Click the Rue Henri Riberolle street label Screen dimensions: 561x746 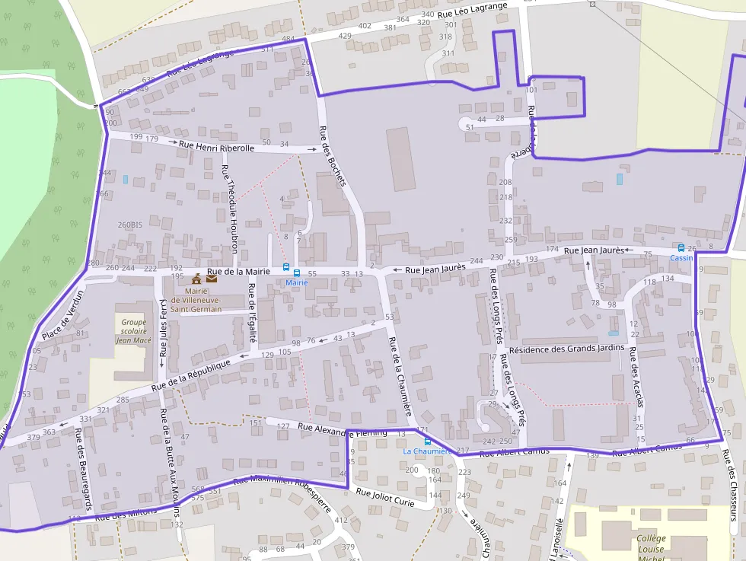216,145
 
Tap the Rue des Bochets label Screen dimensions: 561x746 333,155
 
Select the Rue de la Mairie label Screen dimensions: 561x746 238,271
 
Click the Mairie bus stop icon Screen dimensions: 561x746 287,268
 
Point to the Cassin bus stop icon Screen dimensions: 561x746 681,248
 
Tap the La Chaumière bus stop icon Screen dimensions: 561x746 427,441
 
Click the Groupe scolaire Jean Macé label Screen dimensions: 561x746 134,331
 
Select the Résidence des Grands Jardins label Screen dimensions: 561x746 566,349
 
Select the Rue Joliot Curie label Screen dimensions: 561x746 385,498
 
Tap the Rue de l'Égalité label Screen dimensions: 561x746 253,313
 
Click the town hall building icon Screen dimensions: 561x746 196,279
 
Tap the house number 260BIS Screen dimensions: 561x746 130,225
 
